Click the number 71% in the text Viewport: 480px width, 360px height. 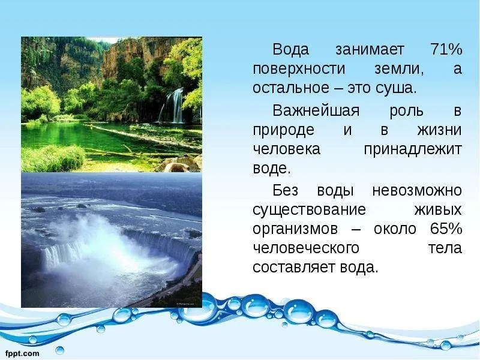[x=446, y=49]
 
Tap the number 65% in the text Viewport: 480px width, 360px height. [x=446, y=229]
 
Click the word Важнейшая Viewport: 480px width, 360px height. [x=316, y=110]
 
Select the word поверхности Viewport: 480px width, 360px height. [x=299, y=69]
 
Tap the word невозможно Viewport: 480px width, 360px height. [x=417, y=191]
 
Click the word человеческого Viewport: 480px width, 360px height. [x=306, y=248]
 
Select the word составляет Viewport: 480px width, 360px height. [x=295, y=268]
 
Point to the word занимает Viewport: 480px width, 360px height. [x=370, y=50]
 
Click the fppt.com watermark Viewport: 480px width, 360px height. [x=23, y=353]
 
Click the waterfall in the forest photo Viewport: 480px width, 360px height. [x=173, y=105]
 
